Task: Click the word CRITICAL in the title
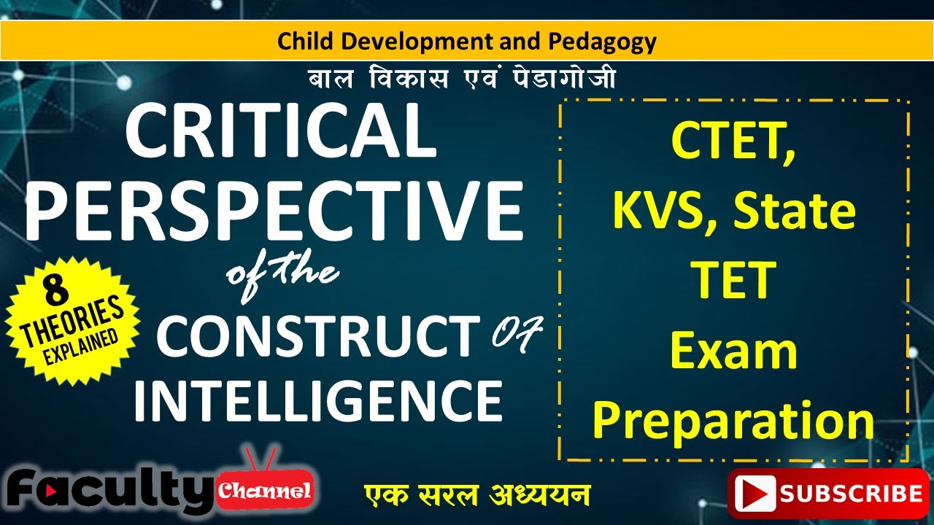coord(281,132)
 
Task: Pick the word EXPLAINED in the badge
coord(80,341)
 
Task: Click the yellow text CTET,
coord(733,143)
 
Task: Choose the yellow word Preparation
coord(733,421)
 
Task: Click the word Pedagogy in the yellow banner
coord(602,42)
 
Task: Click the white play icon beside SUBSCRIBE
coord(754,494)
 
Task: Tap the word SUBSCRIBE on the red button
coord(850,494)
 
